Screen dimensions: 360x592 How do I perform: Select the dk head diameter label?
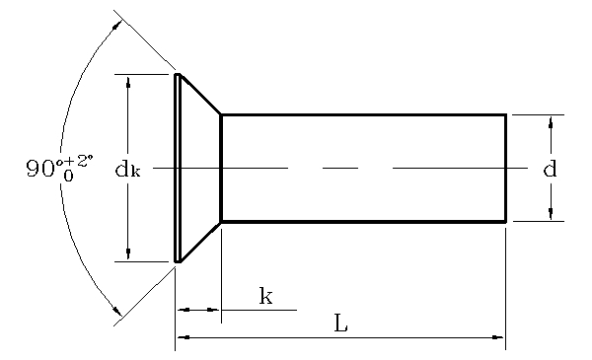point(127,170)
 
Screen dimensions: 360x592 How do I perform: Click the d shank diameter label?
point(551,169)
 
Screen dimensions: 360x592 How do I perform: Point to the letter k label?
point(265,295)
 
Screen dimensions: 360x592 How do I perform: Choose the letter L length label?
point(340,324)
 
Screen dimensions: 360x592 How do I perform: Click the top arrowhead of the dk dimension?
point(128,81)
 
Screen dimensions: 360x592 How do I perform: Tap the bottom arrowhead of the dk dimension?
point(128,254)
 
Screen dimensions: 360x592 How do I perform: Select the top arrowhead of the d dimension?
point(551,121)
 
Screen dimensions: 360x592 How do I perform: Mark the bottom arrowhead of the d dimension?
point(551,214)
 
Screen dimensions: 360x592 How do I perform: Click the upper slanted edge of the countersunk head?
point(199,94)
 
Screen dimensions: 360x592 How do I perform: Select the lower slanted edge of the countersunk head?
point(199,243)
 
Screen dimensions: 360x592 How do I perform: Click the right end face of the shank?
point(506,168)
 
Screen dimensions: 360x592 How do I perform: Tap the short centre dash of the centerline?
point(340,169)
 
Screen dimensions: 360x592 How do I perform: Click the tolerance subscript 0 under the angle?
point(68,177)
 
